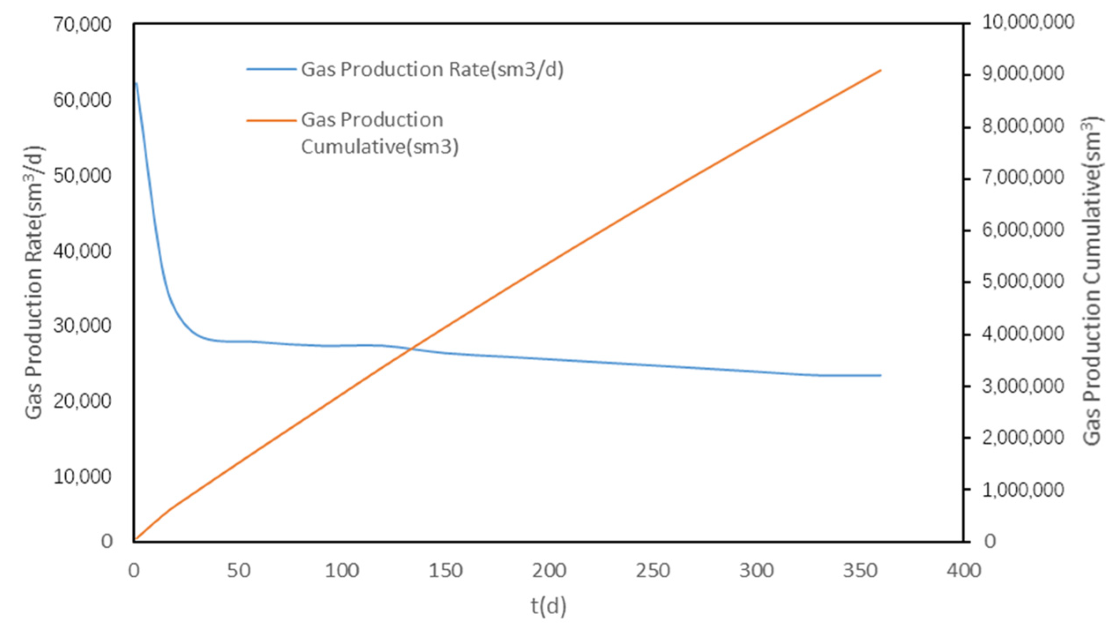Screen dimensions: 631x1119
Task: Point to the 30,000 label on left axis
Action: pos(82,325)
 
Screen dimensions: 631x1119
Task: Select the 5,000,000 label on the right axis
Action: pos(1022,281)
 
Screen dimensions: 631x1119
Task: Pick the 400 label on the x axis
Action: pos(964,571)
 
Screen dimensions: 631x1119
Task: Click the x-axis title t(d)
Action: pos(548,606)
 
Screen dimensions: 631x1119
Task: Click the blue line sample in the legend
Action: pos(271,69)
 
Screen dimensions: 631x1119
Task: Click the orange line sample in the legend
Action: pos(271,120)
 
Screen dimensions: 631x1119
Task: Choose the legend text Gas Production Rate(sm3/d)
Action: pos(432,69)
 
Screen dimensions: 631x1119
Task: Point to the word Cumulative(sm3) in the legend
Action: pos(380,146)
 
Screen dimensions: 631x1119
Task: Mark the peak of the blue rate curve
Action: pos(136,83)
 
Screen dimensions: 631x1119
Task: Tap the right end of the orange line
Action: pos(880,70)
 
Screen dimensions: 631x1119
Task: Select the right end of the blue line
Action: pos(880,375)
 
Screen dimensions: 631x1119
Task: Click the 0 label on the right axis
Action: pos(990,541)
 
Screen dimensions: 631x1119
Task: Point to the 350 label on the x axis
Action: pos(860,571)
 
